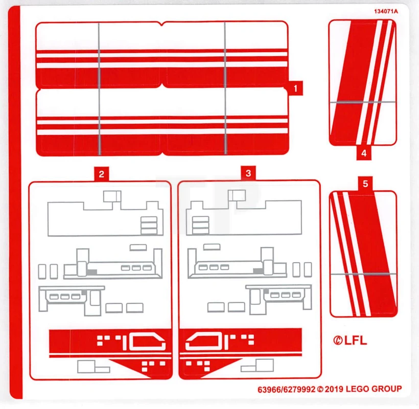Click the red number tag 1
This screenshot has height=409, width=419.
pos(295,88)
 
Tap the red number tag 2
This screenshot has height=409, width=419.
pos(101,174)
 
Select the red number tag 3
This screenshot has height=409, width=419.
pos(248,173)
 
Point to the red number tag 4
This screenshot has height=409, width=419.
pos(364,152)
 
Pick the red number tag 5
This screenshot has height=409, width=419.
pos(365,185)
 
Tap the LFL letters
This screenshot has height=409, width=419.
pos(356,341)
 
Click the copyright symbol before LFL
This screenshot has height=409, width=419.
pos(338,341)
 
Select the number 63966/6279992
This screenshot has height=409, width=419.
pos(287,389)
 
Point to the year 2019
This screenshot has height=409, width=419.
pos(335,389)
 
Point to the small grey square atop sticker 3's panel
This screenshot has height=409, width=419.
pos(236,195)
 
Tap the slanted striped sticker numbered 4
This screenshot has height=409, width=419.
pos(362,82)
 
